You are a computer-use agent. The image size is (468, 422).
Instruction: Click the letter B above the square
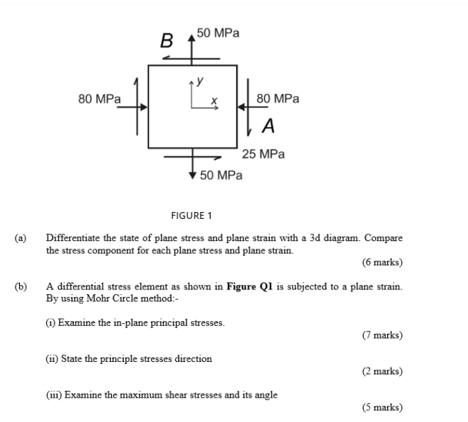tap(166, 40)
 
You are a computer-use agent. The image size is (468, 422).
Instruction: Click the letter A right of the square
tap(269, 126)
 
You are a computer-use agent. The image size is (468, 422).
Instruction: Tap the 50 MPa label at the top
tap(218, 32)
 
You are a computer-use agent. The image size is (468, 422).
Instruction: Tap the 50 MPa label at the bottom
tap(221, 175)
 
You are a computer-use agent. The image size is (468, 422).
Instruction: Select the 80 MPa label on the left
tap(99, 99)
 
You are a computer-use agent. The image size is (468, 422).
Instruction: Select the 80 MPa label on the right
tap(278, 99)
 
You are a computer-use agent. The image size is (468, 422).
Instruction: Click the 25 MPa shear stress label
tap(263, 154)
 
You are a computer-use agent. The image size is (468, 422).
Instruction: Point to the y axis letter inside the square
tap(199, 81)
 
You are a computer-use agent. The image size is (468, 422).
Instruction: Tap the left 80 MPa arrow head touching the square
tap(144, 107)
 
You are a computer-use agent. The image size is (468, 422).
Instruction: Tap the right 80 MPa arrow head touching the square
tap(242, 107)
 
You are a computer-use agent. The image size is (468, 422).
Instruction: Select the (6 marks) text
tap(382, 262)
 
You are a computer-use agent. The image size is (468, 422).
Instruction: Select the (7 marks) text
tap(382, 335)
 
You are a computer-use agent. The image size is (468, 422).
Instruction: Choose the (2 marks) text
tap(382, 371)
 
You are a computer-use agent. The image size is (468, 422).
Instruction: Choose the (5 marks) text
tap(382, 407)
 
